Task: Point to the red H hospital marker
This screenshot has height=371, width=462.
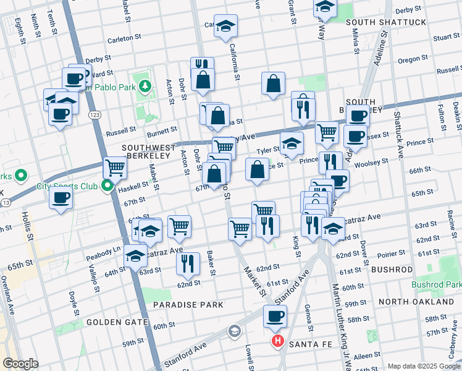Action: (x=278, y=341)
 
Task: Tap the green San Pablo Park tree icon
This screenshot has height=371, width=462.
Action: (x=146, y=86)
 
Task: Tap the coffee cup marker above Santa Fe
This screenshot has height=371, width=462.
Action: (x=275, y=317)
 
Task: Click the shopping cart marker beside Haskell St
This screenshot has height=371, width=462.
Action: (x=115, y=167)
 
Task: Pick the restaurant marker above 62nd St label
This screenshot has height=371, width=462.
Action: (x=188, y=263)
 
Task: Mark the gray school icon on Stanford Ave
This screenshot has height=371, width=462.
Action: (x=234, y=332)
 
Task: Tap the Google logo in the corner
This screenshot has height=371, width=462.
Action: (x=21, y=364)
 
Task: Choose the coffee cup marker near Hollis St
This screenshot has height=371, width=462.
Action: (x=61, y=198)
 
